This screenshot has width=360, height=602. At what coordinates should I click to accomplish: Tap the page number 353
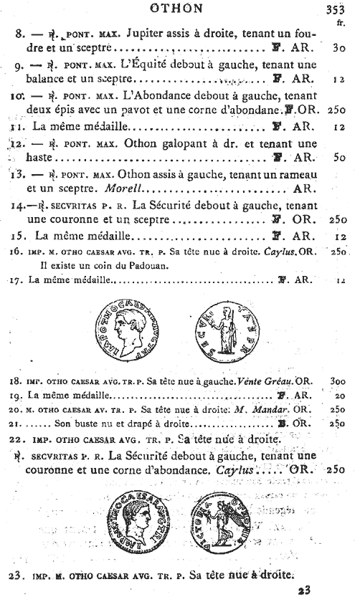coord(338,9)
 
